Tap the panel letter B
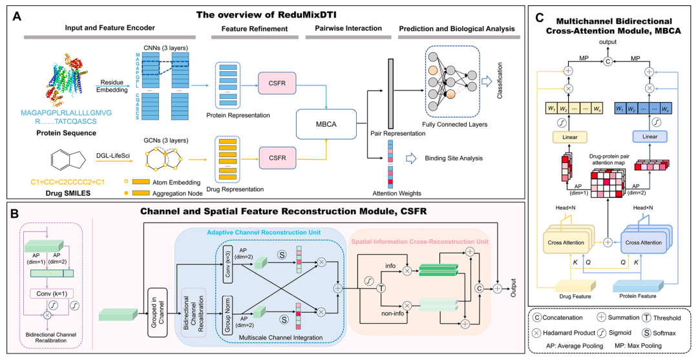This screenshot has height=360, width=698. coord(15,210)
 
